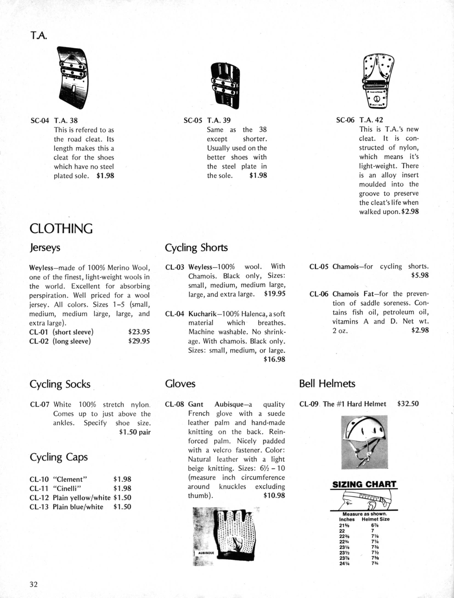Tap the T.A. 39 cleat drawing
pos(225,85)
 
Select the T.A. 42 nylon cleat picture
pos(378,81)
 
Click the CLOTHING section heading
pos(61,229)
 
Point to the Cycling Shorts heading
pos(196,248)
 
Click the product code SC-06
pos(345,120)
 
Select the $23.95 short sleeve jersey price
pos(139,332)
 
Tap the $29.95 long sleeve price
pos(139,341)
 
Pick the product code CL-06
pos(319,294)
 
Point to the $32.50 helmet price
pos(408,404)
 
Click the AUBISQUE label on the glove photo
pos(206,553)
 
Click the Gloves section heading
pos(180,384)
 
